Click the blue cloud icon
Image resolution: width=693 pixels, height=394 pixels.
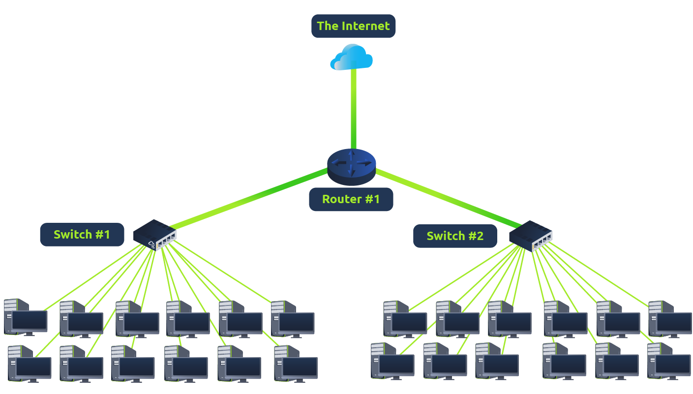(x=352, y=57)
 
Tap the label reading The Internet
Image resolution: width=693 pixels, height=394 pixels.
(x=353, y=26)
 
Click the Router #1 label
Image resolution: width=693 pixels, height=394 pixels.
(x=351, y=199)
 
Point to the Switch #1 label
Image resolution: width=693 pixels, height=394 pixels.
(x=82, y=235)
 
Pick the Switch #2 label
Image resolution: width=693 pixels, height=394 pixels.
(x=455, y=236)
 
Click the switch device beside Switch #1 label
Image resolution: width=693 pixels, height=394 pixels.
(x=155, y=235)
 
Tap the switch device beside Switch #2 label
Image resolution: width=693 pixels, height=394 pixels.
(x=531, y=236)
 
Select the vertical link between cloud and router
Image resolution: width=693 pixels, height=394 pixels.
(x=354, y=108)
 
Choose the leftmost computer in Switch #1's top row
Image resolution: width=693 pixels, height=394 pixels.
(x=26, y=317)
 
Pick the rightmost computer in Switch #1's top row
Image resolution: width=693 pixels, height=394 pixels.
(x=293, y=319)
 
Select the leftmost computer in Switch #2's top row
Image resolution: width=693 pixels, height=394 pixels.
(x=405, y=319)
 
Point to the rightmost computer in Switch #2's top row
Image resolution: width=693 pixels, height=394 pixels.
(x=670, y=319)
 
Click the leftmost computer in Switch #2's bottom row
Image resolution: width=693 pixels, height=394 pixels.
(x=392, y=361)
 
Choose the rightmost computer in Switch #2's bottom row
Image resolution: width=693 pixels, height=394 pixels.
(x=669, y=361)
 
